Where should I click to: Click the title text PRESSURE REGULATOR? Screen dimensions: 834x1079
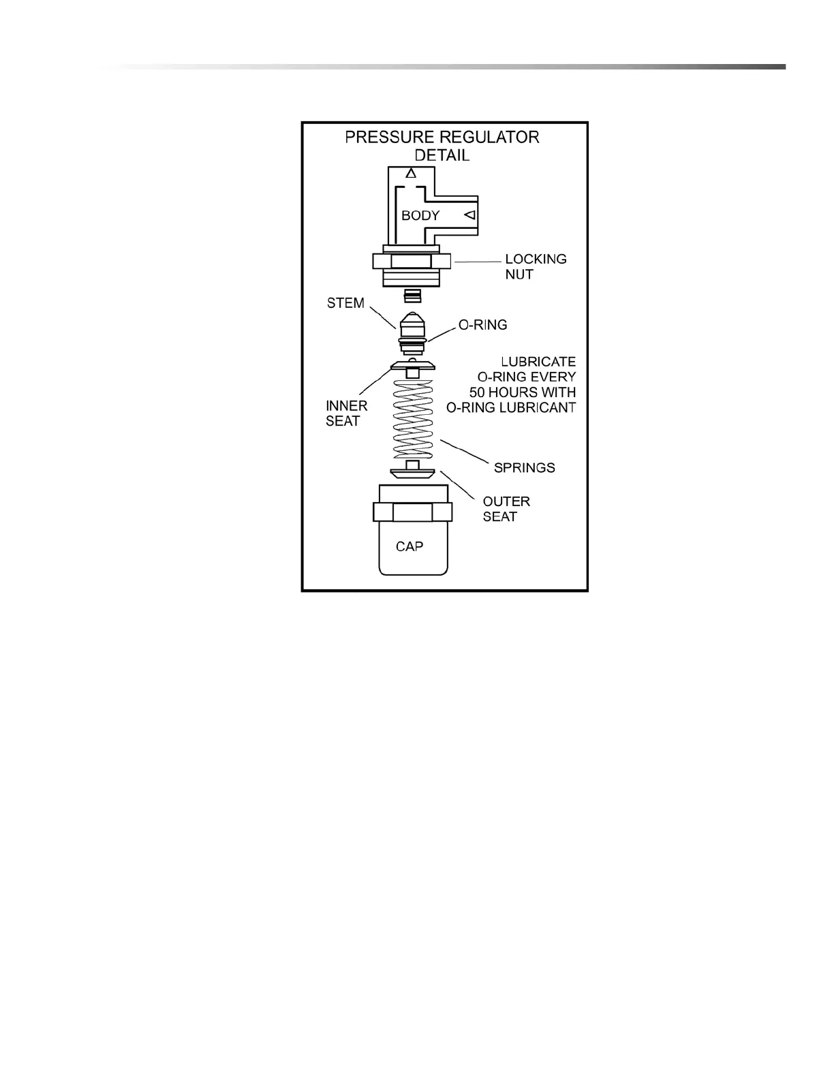tap(442, 137)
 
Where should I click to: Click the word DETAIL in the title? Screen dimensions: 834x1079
tap(442, 155)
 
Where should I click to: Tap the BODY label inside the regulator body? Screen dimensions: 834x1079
tap(420, 215)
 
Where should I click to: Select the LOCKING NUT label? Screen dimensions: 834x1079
tap(535, 266)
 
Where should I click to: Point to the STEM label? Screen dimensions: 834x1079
tap(345, 303)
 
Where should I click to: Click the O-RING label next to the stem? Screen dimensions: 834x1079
tap(482, 325)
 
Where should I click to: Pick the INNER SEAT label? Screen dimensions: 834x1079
tap(346, 413)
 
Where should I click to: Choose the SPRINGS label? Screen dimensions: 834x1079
tap(524, 468)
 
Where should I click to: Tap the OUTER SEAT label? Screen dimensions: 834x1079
tap(506, 509)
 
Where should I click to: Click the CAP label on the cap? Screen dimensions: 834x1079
tap(410, 546)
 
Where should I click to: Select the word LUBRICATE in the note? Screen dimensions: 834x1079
tap(538, 362)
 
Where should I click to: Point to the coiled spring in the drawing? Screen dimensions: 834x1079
tap(413, 419)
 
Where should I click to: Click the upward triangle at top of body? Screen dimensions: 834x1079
tap(411, 174)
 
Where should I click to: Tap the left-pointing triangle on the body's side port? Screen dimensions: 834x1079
tap(469, 215)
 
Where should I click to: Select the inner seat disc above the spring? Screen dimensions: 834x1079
tap(413, 366)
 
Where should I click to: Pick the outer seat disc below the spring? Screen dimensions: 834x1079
tap(412, 472)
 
